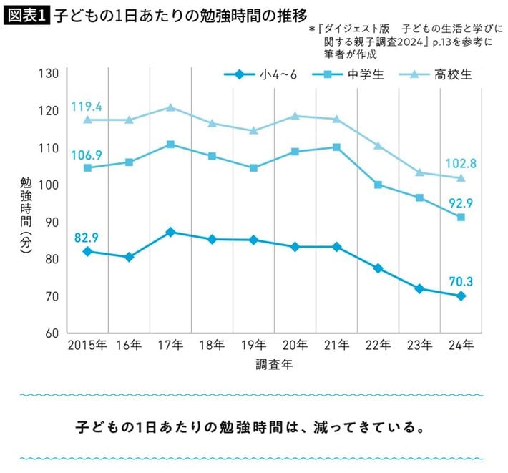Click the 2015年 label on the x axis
pos(87,346)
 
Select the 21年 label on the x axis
pos(337,346)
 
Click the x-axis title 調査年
pos(274,364)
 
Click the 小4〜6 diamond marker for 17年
pos(170,232)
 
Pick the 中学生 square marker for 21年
pos(336,147)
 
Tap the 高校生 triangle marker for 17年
pos(170,107)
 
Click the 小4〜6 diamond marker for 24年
pos(461,296)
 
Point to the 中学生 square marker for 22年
pos(378,185)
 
